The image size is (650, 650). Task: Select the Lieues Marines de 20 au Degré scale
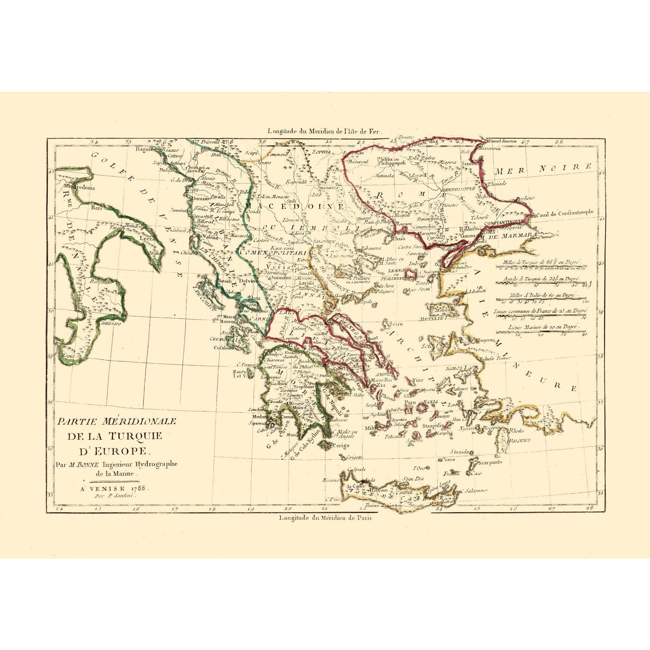pos(542,327)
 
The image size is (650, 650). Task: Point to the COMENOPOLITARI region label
pos(273,252)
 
